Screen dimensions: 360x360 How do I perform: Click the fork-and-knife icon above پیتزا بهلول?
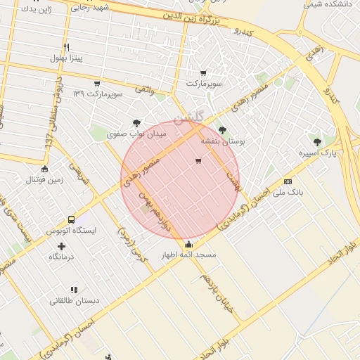pos(66,46)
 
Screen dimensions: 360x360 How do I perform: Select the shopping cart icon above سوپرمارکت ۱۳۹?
pos(97,83)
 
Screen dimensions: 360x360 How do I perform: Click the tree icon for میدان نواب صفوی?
pos(136,122)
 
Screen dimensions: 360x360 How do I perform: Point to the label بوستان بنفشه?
pos(224,141)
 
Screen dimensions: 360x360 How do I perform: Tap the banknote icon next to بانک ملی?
pos(288,181)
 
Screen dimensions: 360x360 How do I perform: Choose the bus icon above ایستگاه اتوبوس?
pos(71,219)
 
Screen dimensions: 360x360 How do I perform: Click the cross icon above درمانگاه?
pos(62,246)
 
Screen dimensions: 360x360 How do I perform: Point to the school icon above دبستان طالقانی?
pos(74,289)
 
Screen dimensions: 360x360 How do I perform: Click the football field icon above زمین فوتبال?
pos(45,169)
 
